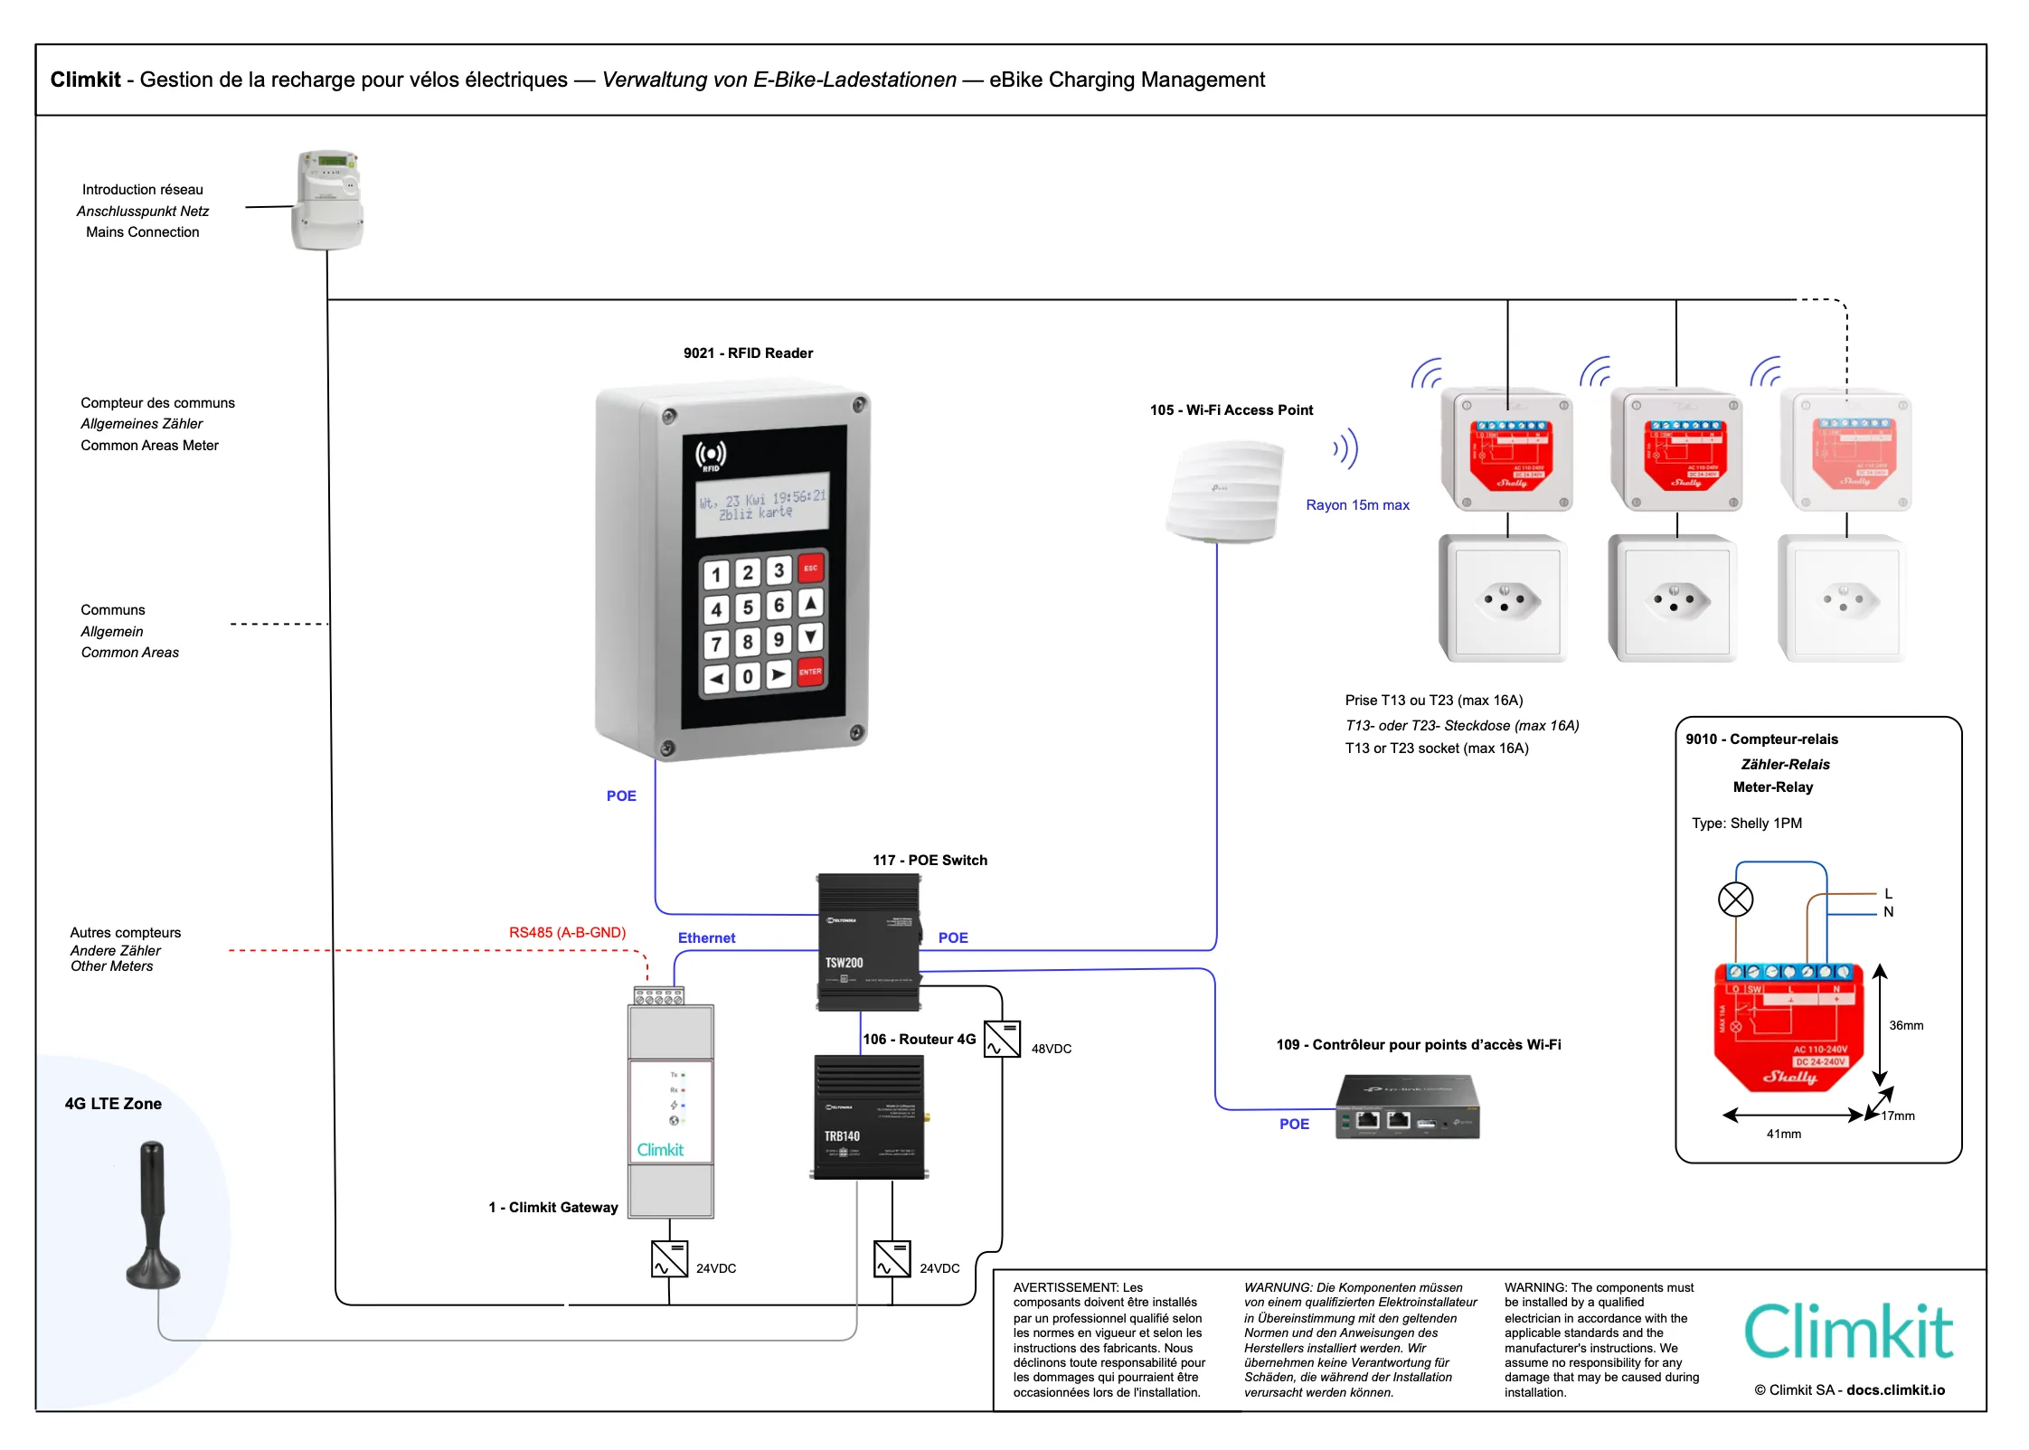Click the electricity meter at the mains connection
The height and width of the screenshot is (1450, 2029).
(327, 200)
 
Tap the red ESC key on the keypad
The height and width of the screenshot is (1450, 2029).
(810, 569)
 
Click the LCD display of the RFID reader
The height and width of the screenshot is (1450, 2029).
(762, 503)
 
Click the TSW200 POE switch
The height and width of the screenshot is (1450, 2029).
(869, 942)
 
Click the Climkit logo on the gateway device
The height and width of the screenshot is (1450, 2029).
(660, 1150)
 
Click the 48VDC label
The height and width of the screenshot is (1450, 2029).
(1051, 1049)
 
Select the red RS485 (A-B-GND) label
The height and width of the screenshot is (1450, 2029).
(567, 932)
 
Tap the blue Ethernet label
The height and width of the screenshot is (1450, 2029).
(706, 938)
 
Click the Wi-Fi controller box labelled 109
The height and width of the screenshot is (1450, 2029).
(1407, 1106)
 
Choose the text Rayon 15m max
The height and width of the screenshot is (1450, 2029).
(1357, 505)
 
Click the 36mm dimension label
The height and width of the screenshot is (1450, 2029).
(1906, 1025)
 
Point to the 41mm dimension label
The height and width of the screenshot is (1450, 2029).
(1783, 1134)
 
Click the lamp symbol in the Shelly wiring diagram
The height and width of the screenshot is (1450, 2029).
(1735, 899)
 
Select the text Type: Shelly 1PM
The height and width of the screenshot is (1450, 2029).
(1746, 824)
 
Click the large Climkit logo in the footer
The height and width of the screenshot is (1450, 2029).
(1848, 1331)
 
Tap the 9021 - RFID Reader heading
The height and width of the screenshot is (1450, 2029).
(748, 353)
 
